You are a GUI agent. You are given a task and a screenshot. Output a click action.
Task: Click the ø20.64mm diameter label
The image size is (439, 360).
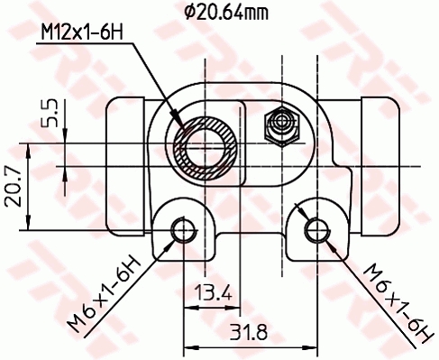pos(226,13)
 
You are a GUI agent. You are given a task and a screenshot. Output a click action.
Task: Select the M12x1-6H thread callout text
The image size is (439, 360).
pos(82,32)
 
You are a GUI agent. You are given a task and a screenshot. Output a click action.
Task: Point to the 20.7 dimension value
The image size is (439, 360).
pos(14,188)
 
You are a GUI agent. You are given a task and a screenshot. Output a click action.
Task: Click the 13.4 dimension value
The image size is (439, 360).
pos(214,292)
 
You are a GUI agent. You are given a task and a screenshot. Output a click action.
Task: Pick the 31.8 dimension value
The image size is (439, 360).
pos(248,332)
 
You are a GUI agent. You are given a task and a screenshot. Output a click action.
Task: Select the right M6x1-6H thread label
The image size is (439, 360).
pos(398,304)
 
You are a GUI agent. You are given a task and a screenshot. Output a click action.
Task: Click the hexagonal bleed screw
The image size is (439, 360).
pos(282,126)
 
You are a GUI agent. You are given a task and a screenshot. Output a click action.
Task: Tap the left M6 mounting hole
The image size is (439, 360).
pos(183,230)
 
